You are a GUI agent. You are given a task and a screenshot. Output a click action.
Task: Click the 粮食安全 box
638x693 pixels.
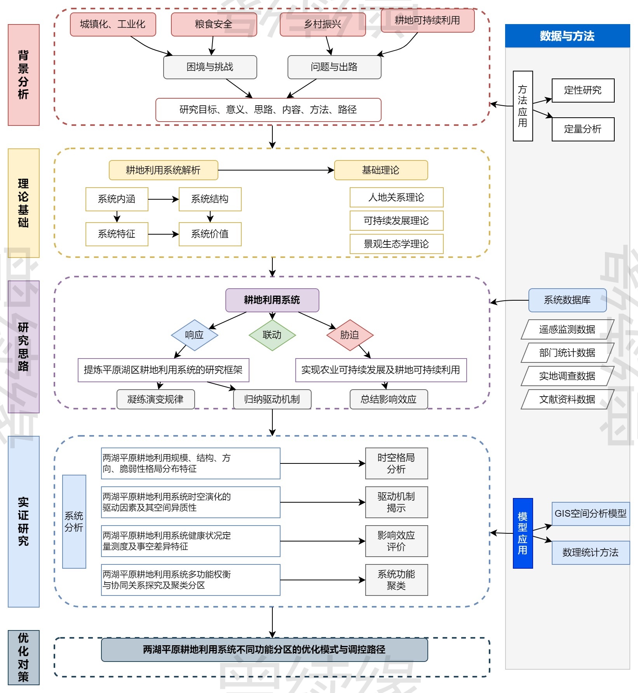point(214,24)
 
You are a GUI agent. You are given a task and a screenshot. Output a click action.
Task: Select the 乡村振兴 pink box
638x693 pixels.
point(322,24)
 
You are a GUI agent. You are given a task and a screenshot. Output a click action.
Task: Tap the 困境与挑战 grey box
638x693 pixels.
point(210,67)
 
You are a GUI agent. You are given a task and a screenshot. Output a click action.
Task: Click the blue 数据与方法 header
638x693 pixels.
point(567,36)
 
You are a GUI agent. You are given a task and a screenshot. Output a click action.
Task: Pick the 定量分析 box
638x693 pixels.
point(583,129)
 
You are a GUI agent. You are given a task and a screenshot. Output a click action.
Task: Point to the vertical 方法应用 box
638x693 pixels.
point(523,106)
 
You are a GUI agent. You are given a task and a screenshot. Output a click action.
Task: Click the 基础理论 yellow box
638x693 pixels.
point(381,170)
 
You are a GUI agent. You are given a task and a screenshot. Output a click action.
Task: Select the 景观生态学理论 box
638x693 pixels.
point(396,244)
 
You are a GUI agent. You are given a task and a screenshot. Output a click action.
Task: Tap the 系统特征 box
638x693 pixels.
point(117,234)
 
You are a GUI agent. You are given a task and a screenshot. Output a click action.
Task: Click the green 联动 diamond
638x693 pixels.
point(272,335)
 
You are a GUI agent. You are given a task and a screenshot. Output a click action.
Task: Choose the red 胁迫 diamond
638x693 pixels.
point(350,335)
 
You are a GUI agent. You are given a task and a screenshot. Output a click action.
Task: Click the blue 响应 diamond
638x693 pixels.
point(194,335)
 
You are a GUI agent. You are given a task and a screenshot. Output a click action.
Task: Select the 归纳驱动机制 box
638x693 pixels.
point(272,399)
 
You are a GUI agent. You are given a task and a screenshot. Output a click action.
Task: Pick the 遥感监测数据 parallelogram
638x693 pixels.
point(567,329)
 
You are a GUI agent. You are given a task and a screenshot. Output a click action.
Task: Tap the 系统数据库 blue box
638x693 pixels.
point(567,300)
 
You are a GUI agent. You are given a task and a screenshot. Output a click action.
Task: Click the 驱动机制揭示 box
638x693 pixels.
point(396,502)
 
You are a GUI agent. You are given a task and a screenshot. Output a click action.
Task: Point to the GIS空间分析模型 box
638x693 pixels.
point(591,514)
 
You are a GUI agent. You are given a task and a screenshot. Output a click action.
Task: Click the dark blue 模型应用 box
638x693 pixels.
point(523,533)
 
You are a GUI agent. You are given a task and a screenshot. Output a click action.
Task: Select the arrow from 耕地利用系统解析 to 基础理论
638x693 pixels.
point(276,170)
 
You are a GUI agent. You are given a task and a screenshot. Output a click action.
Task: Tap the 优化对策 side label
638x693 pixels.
point(23,657)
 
